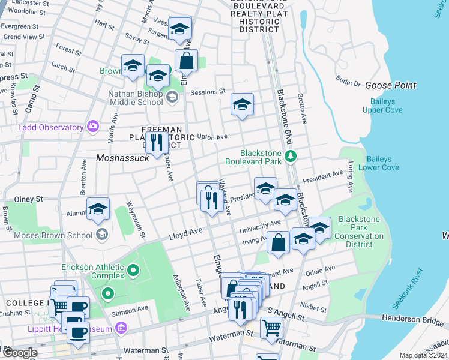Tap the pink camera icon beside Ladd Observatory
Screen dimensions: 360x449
tap(92, 127)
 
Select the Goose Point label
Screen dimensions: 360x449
tap(390, 85)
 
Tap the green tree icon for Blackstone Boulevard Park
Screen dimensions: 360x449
tap(291, 157)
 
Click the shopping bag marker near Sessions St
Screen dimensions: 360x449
tap(187, 61)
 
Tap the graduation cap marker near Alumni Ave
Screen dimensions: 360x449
tap(98, 209)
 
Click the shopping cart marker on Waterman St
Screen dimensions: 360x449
tap(271, 328)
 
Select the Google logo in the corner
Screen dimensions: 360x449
tap(19, 353)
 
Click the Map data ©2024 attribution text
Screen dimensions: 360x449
tap(423, 355)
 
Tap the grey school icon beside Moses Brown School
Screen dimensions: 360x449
tap(102, 234)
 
